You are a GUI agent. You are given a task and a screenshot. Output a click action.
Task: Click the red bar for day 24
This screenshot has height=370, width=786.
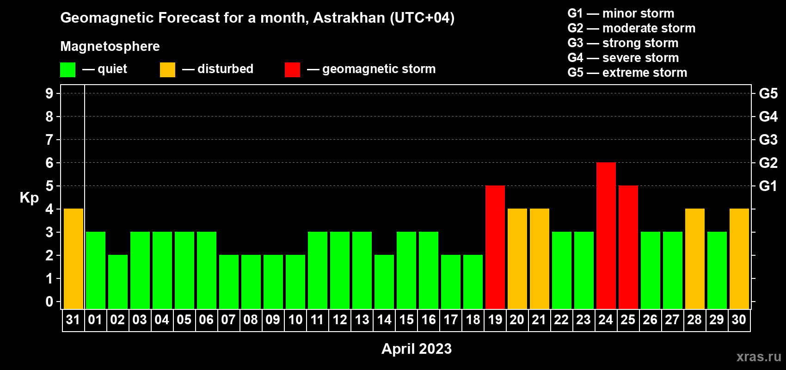point(606,235)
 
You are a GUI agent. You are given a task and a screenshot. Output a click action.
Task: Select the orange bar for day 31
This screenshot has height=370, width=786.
point(74,259)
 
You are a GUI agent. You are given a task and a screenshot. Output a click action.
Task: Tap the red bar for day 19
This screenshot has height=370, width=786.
point(495,247)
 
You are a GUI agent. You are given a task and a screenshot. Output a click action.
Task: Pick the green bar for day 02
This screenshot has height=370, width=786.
point(118,282)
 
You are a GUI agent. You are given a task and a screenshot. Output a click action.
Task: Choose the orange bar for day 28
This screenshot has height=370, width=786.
point(695,259)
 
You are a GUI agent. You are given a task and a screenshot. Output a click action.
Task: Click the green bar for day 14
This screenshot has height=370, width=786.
point(384,282)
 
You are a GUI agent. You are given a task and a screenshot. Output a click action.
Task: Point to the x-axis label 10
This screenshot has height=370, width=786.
point(295,320)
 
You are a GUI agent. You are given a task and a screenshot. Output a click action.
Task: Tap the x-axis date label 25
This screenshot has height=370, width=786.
point(628,320)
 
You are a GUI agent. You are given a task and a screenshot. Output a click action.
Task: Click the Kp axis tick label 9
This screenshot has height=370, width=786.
point(49,93)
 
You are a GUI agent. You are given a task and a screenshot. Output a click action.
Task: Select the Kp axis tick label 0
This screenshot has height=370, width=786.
point(49,302)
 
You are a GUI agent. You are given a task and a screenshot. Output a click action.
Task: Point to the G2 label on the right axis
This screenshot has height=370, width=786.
point(768,163)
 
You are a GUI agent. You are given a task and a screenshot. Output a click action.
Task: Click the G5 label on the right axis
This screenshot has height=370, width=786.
point(768,93)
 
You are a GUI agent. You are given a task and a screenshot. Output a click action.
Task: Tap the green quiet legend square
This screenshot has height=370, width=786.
point(68,69)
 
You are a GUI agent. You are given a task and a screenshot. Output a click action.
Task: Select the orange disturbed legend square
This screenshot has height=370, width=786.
point(167,69)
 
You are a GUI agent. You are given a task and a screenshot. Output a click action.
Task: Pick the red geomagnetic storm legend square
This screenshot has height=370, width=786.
point(292,69)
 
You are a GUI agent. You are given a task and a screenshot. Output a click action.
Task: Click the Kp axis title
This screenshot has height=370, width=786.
point(29,198)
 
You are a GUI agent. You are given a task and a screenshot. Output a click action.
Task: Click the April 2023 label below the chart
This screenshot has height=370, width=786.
point(417,349)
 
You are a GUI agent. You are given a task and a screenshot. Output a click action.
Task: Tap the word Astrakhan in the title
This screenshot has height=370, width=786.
point(349,18)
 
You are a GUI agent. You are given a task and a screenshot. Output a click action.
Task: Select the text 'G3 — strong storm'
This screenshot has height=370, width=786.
point(623,43)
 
